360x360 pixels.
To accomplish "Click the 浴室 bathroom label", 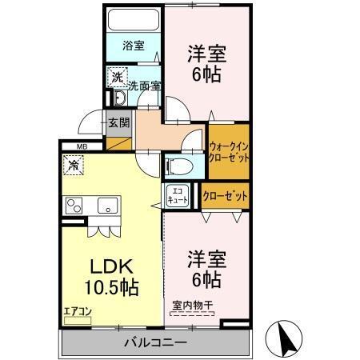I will (x=134, y=46).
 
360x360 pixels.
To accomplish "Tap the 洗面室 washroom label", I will (x=143, y=84).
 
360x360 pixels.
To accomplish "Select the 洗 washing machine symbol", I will (x=117, y=78).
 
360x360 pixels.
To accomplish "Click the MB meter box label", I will (x=82, y=146).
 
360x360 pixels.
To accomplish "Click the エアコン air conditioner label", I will (x=78, y=311).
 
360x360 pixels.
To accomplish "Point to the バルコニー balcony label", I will (x=155, y=342).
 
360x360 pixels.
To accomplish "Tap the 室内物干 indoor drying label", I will (x=193, y=304).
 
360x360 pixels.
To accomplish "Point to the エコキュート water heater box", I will (x=178, y=197).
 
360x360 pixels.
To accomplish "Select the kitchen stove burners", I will (x=74, y=205).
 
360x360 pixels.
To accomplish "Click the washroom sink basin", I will (x=118, y=98).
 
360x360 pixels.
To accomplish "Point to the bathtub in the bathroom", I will (x=134, y=20).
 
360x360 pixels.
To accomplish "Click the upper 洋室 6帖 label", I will (x=207, y=63).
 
